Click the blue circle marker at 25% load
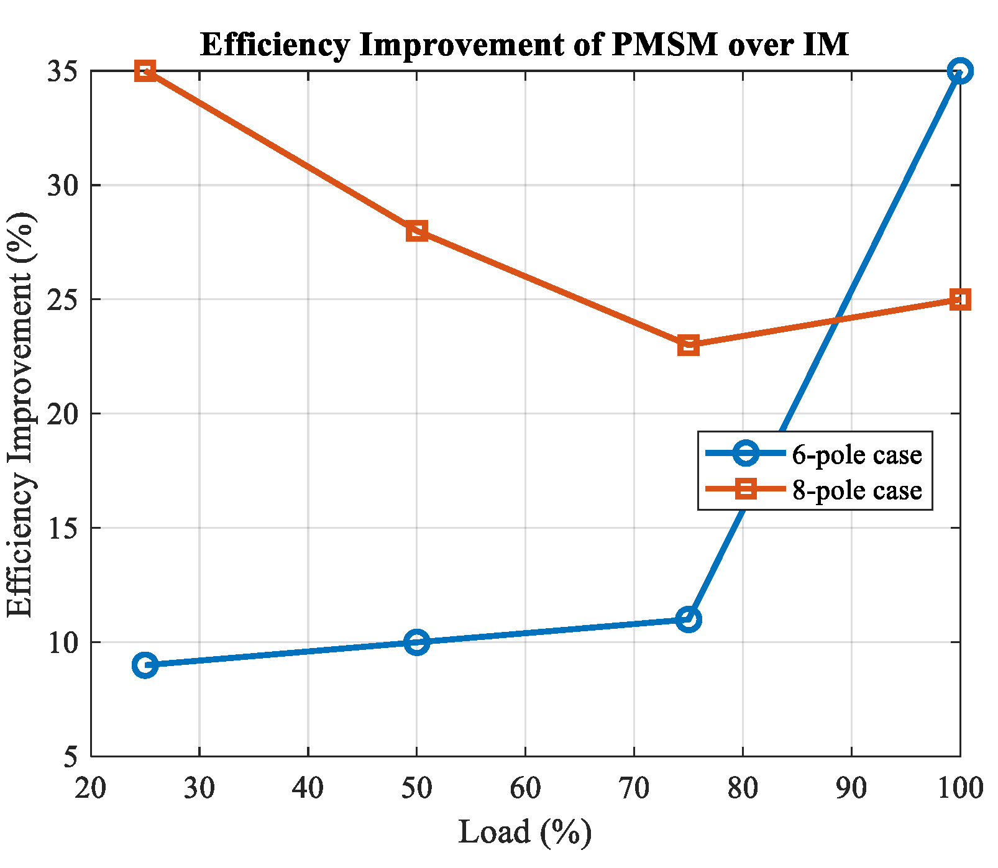pos(145,665)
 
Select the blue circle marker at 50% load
pos(416,642)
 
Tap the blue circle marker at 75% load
pos(688,619)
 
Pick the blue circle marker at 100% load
pos(959,71)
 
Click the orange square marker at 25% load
pos(145,71)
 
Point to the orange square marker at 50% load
pos(416,231)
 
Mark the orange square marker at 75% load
pos(688,345)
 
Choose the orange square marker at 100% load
pos(959,299)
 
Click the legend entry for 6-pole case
pos(814,454)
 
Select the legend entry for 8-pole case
pos(814,490)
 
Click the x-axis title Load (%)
pos(524,833)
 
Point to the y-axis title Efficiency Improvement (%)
pos(20,414)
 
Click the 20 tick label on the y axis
pos(63,414)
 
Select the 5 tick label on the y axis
pos(71,757)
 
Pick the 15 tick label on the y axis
pos(63,528)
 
